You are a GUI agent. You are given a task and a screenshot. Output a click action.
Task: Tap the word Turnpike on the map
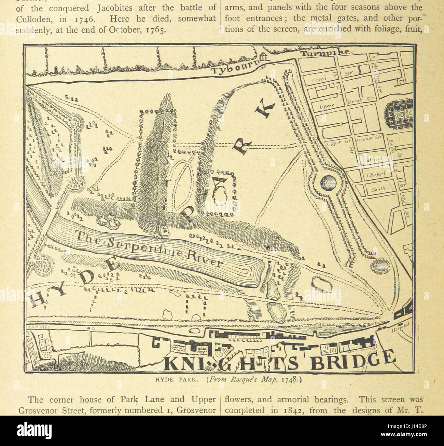(324, 52)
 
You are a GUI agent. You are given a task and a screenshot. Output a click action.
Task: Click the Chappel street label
(376, 175)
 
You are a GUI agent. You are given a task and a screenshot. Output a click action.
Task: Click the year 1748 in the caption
(289, 379)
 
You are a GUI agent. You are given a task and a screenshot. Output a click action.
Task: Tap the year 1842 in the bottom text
(299, 409)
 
